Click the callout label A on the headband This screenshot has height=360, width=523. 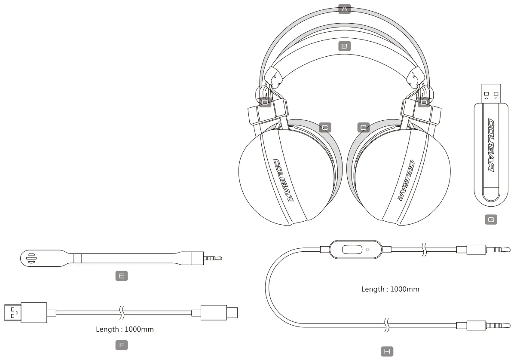point(344,9)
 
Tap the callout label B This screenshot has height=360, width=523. point(344,46)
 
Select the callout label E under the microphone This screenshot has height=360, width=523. point(122,276)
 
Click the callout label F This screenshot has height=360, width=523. point(122,345)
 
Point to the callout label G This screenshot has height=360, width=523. point(491,220)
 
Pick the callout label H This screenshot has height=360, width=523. point(387,352)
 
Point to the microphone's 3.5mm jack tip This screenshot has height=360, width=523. point(213,258)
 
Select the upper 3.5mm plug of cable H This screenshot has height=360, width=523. point(483,249)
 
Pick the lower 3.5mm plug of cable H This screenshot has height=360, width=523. point(483,326)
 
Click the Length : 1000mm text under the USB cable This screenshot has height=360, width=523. point(125,329)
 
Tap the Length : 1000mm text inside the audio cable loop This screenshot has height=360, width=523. point(390,289)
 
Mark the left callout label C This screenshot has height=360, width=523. point(325,127)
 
